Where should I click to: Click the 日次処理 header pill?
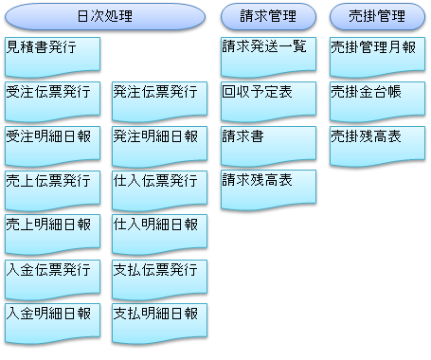[104, 16]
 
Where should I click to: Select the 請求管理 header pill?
[268, 16]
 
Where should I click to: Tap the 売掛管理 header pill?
[377, 16]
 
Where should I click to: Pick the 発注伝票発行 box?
[159, 99]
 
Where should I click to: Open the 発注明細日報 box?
[159, 144]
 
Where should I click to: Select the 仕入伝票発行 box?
[159, 189]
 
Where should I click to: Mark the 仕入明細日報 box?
[159, 233]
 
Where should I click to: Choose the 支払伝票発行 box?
[159, 278]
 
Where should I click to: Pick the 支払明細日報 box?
[159, 322]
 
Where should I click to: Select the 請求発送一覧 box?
[268, 54]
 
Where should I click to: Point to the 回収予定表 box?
[268, 99]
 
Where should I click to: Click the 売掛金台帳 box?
[377, 99]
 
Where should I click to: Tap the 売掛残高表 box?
[377, 144]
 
